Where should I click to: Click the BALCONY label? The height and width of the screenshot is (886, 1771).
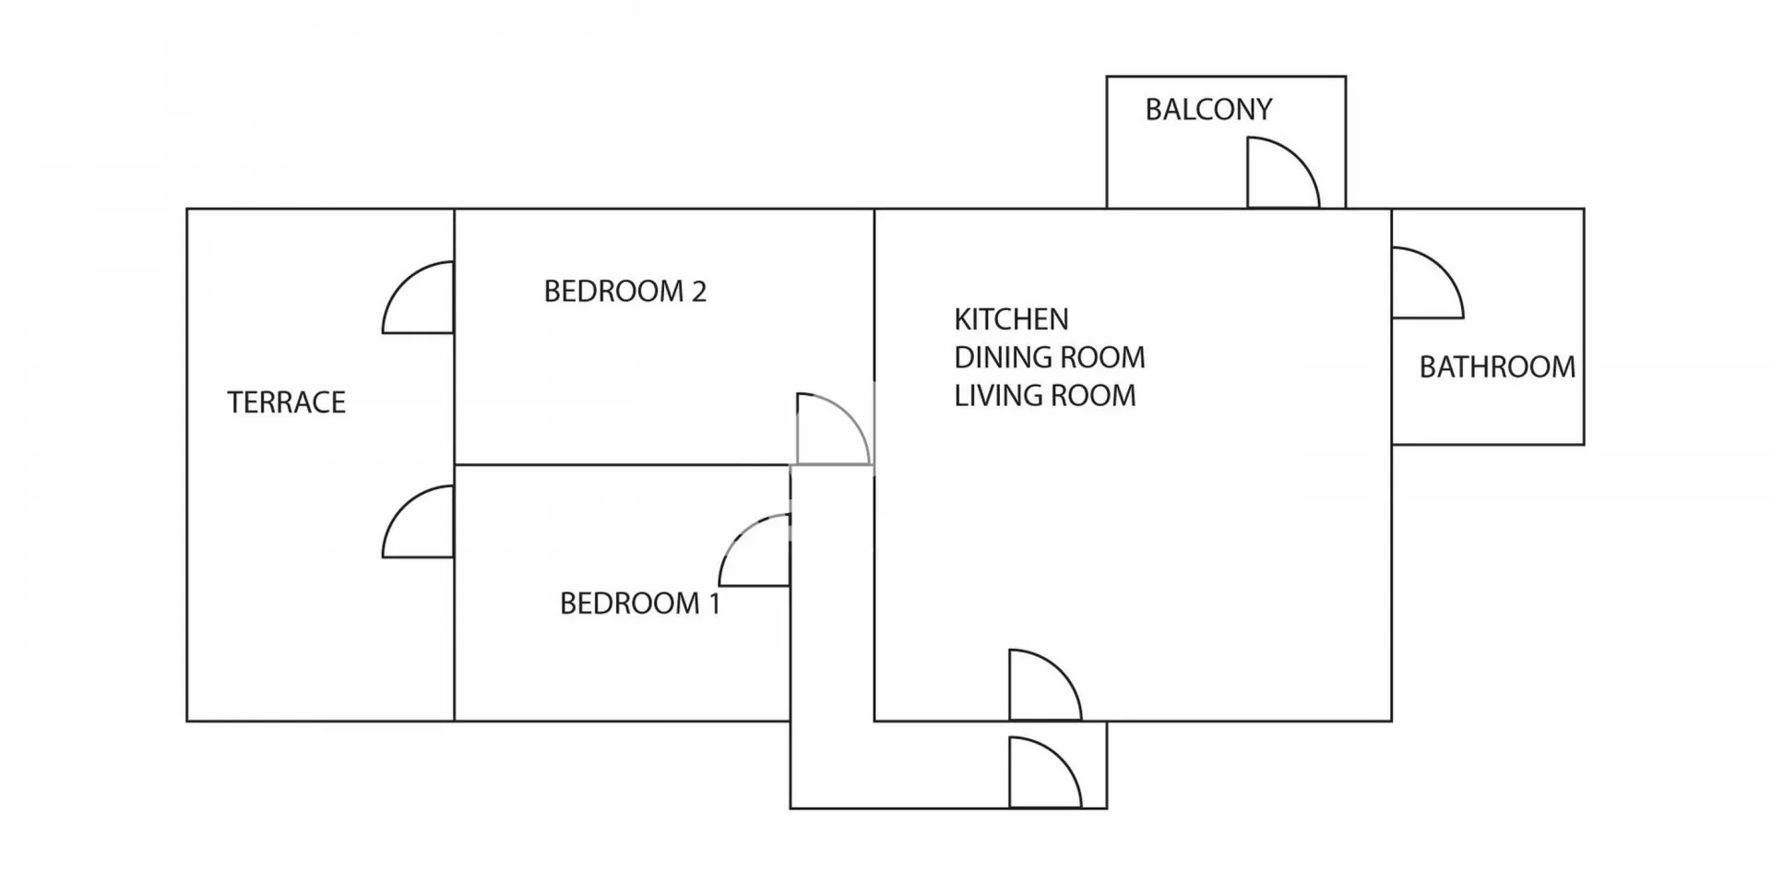coord(1208,110)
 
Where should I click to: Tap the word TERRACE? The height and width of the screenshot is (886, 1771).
coord(286,402)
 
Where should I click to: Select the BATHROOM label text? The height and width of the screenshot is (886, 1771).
coord(1497,367)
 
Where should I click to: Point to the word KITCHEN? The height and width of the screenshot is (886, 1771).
coord(1011,319)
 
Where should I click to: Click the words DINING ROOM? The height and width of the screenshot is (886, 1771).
coord(1050,357)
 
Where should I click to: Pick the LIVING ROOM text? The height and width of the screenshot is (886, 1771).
coord(1045,396)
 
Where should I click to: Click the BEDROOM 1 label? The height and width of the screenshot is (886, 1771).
coord(639,604)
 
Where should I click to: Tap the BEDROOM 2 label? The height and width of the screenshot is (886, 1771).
coord(624,292)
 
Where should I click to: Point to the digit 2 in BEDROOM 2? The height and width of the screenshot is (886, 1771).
coord(698,292)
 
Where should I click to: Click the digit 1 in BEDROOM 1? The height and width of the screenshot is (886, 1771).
coord(713,604)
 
